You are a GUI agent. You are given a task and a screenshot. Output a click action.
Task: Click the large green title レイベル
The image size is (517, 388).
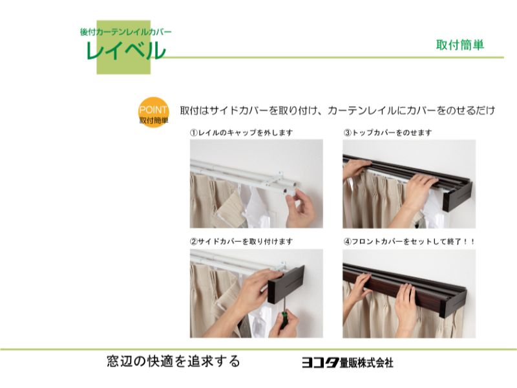pos(125,51)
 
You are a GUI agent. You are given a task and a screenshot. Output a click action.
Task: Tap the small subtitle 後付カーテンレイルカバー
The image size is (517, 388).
pos(125,32)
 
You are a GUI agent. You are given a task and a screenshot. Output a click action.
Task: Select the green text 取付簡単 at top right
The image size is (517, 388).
pos(460,45)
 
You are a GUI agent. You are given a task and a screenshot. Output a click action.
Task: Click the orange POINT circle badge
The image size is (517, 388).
pos(153,112)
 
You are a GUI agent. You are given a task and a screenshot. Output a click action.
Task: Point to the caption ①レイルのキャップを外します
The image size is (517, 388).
pos(241,133)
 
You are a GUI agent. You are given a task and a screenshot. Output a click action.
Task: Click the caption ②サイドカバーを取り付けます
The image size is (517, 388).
pos(241,241)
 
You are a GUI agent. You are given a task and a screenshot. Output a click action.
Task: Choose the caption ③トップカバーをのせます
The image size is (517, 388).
pos(387,133)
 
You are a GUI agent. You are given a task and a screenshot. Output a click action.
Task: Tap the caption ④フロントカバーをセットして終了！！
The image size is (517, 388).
pos(409,241)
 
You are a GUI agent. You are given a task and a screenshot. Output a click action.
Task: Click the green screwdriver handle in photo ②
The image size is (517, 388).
pos(283,319)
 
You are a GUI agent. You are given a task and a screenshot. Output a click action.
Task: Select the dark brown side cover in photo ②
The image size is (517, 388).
pos(286,284)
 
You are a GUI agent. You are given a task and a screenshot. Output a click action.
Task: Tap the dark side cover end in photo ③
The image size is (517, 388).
pos(458,197)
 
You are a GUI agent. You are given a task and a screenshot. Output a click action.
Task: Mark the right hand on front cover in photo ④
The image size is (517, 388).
pos(406,305)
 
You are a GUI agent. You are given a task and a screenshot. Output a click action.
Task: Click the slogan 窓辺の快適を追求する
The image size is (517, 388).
pos(173,361)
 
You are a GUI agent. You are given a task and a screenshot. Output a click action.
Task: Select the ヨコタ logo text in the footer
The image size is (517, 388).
pos(321,363)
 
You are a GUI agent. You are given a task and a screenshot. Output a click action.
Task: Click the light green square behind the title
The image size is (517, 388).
pos(123,47)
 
